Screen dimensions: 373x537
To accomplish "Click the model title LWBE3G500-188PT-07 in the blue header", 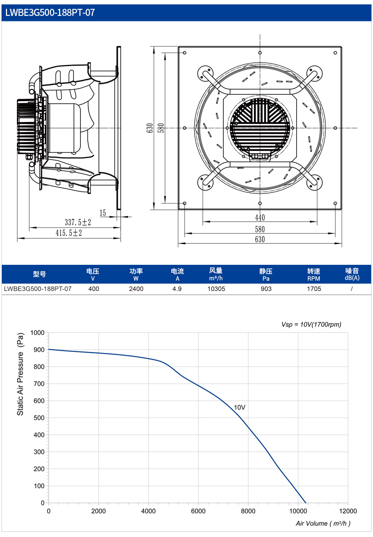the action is [x=50, y=13].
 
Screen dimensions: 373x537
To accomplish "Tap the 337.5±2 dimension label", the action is [x=78, y=222].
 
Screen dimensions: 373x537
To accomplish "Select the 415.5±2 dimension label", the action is [x=69, y=233].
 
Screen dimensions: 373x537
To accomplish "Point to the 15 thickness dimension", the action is [x=103, y=213].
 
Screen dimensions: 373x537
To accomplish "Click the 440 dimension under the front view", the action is [x=260, y=218].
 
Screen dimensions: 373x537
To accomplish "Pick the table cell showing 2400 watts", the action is [x=136, y=289].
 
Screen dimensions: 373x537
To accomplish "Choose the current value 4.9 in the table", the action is [x=177, y=289].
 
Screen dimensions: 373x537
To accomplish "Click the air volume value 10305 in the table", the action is [x=216, y=289].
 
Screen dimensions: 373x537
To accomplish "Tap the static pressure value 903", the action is [x=266, y=289].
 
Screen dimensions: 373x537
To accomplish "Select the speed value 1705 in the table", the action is [x=314, y=289].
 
